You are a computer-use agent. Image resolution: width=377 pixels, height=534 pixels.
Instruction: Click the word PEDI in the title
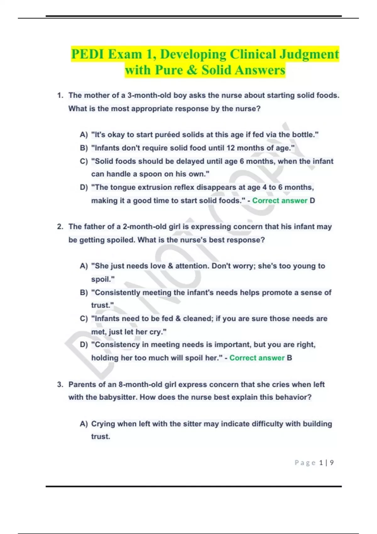click(87, 54)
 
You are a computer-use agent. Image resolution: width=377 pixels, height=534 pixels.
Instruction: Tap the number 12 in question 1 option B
click(231, 148)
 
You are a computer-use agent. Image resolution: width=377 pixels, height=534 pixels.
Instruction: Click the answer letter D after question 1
click(312, 200)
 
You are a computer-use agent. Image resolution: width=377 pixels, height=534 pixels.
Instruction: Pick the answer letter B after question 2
click(289, 358)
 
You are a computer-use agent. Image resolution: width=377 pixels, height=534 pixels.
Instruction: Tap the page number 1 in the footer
click(321, 463)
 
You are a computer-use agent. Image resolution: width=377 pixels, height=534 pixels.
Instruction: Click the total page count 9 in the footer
click(332, 463)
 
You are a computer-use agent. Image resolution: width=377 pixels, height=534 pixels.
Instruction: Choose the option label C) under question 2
click(84, 319)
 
